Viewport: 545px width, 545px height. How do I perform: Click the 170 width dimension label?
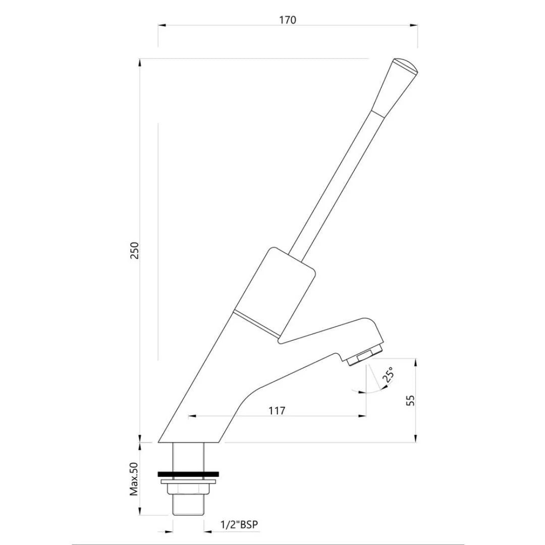coord(288,20)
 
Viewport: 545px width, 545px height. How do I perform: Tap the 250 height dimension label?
coord(135,250)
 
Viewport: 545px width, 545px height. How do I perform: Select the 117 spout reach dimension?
coord(277,410)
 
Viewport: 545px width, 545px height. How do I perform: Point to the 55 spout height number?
coord(411,400)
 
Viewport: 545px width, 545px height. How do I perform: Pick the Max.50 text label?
coord(134,479)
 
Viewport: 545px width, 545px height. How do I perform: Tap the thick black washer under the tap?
coord(188,474)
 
